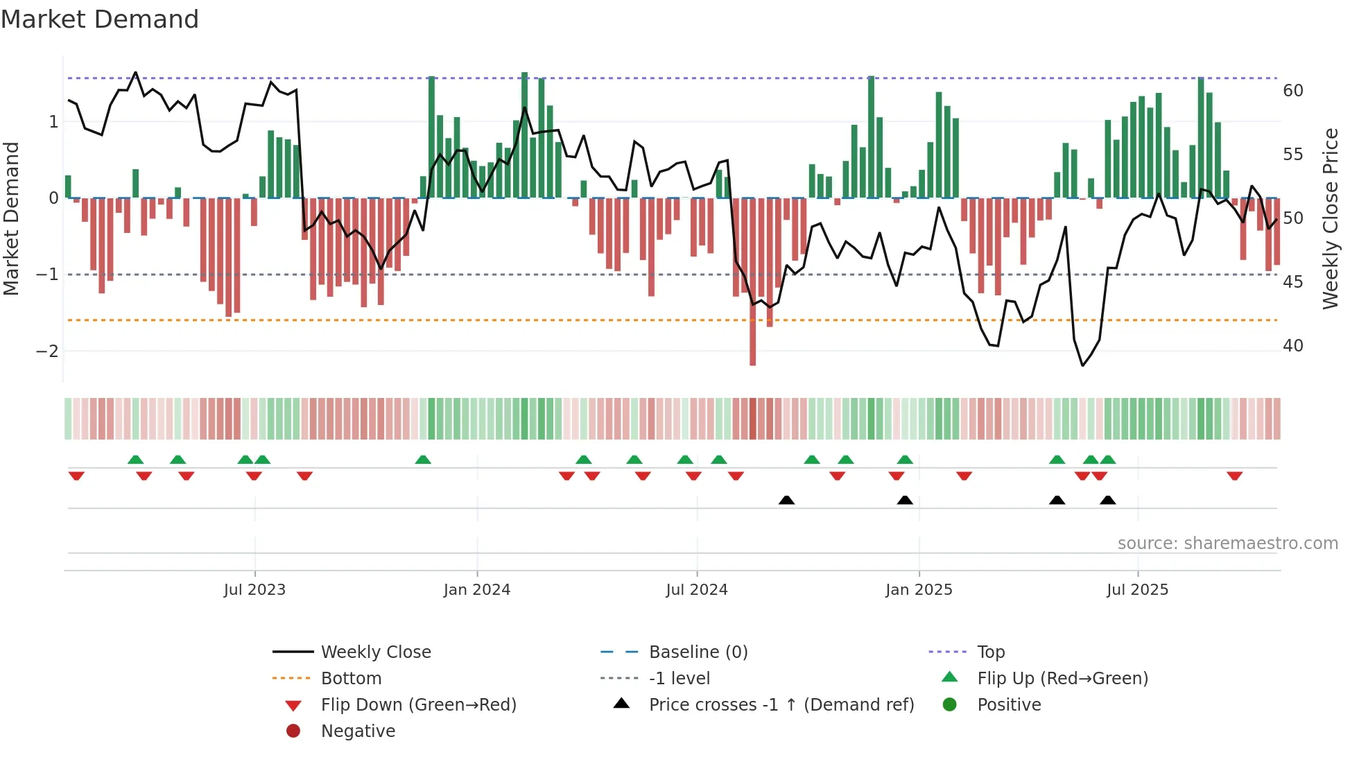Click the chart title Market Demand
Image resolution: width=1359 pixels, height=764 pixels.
click(x=100, y=19)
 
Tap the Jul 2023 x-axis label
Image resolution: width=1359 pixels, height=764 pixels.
click(x=254, y=590)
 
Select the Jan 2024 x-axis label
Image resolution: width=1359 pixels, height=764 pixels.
click(x=477, y=590)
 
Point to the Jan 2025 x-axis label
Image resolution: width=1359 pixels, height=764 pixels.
click(x=919, y=590)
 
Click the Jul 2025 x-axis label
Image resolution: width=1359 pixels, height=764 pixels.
click(x=1137, y=590)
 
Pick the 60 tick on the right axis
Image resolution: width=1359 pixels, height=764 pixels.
click(x=1293, y=91)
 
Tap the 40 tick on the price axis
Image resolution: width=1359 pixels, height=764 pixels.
click(x=1293, y=346)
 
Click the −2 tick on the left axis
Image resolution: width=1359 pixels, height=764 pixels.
click(x=48, y=351)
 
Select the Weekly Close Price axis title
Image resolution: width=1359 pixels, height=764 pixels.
click(x=1330, y=218)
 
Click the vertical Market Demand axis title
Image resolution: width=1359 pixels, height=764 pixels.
click(x=11, y=218)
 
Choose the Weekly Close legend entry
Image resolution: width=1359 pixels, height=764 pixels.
click(x=375, y=652)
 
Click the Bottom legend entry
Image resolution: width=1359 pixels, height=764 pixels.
click(x=351, y=679)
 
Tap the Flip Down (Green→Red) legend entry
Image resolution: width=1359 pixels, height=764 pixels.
click(x=418, y=705)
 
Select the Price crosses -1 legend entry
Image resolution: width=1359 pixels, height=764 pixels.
click(x=781, y=705)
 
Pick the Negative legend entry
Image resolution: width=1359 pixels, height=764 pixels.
click(x=358, y=731)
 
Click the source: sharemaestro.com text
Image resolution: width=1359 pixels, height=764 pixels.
click(x=1227, y=544)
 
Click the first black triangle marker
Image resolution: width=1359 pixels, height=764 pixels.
click(x=786, y=500)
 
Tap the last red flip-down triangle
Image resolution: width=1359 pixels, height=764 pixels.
click(x=1234, y=476)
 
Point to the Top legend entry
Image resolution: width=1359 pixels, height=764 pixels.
click(x=990, y=652)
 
